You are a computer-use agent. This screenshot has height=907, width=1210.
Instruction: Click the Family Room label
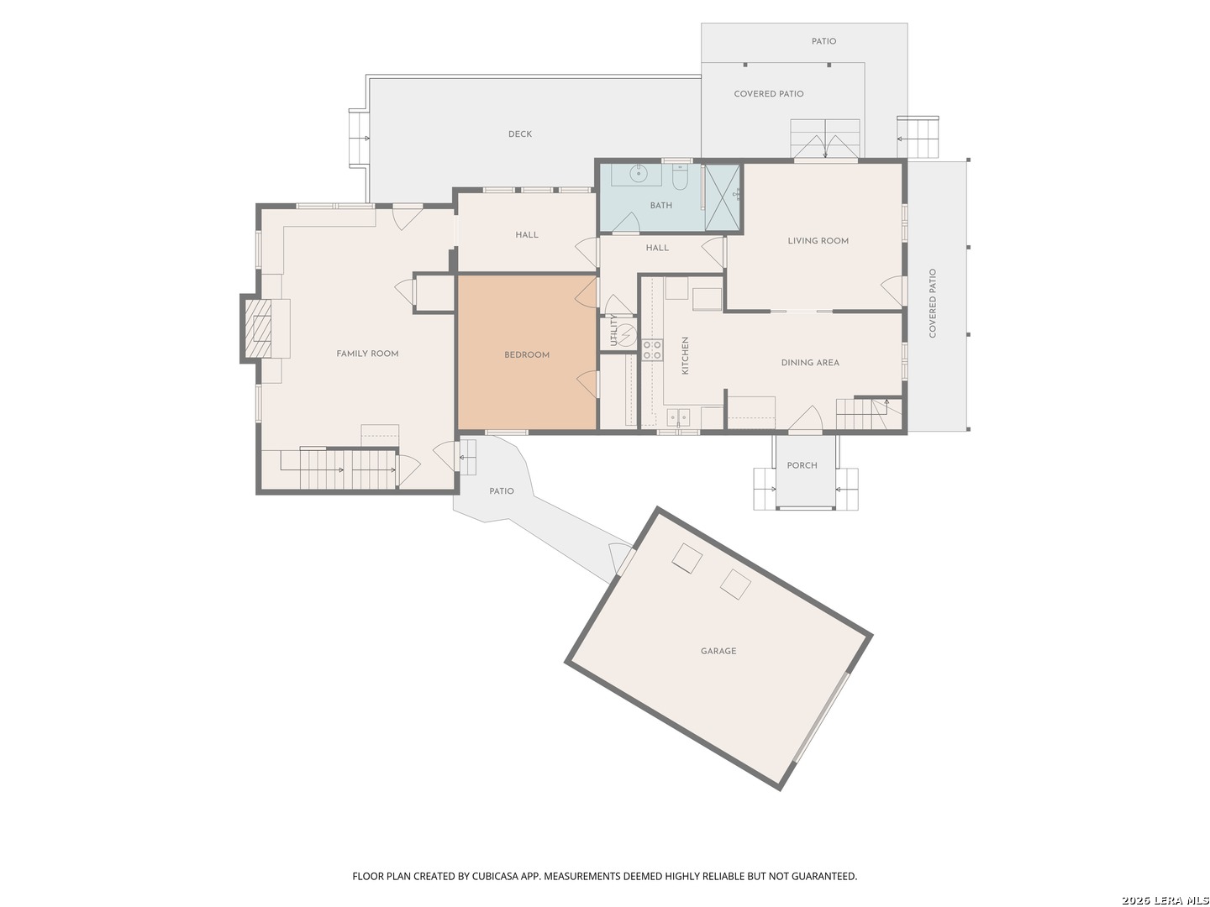(367, 354)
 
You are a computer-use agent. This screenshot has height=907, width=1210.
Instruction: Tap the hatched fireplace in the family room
(258, 328)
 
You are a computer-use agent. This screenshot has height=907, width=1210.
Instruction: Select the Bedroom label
(527, 354)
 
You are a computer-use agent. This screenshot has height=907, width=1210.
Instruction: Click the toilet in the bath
(680, 176)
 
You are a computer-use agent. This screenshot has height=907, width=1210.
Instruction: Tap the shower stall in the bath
(722, 197)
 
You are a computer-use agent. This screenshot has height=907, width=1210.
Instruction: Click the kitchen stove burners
(652, 350)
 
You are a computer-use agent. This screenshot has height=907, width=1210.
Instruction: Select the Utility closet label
(613, 330)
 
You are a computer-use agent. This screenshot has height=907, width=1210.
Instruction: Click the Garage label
(718, 651)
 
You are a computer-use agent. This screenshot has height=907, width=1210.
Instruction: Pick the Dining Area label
(810, 362)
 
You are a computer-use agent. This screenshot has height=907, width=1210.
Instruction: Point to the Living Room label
(818, 241)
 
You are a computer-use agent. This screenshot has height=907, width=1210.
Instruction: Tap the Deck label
(520, 134)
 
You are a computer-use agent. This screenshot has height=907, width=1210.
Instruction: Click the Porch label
(802, 465)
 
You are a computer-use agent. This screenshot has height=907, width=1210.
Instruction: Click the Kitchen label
(685, 356)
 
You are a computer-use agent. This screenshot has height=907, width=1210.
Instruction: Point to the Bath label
(661, 206)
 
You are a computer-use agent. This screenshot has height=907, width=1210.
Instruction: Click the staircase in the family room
(338, 469)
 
